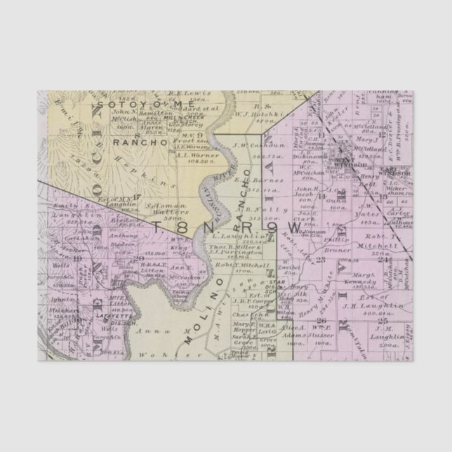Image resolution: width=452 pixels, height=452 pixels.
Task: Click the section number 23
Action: click(321, 260)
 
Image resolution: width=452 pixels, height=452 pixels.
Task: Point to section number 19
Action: click(77, 259)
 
